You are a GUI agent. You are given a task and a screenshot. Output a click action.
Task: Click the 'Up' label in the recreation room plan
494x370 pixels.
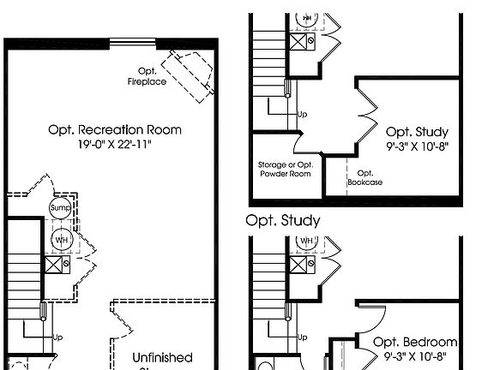pyautogui.click(x=58, y=337)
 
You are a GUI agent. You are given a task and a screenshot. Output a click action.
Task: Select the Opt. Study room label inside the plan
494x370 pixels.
pyautogui.click(x=417, y=132)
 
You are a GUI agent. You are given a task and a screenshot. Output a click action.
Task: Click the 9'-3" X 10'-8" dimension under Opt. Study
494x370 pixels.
pyautogui.click(x=417, y=146)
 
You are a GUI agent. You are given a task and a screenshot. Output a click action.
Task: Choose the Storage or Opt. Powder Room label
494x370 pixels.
pyautogui.click(x=284, y=168)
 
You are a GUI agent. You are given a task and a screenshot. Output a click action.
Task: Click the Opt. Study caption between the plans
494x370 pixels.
pyautogui.click(x=283, y=220)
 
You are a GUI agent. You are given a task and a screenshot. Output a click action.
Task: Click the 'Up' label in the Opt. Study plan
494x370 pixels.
pyautogui.click(x=302, y=113)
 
